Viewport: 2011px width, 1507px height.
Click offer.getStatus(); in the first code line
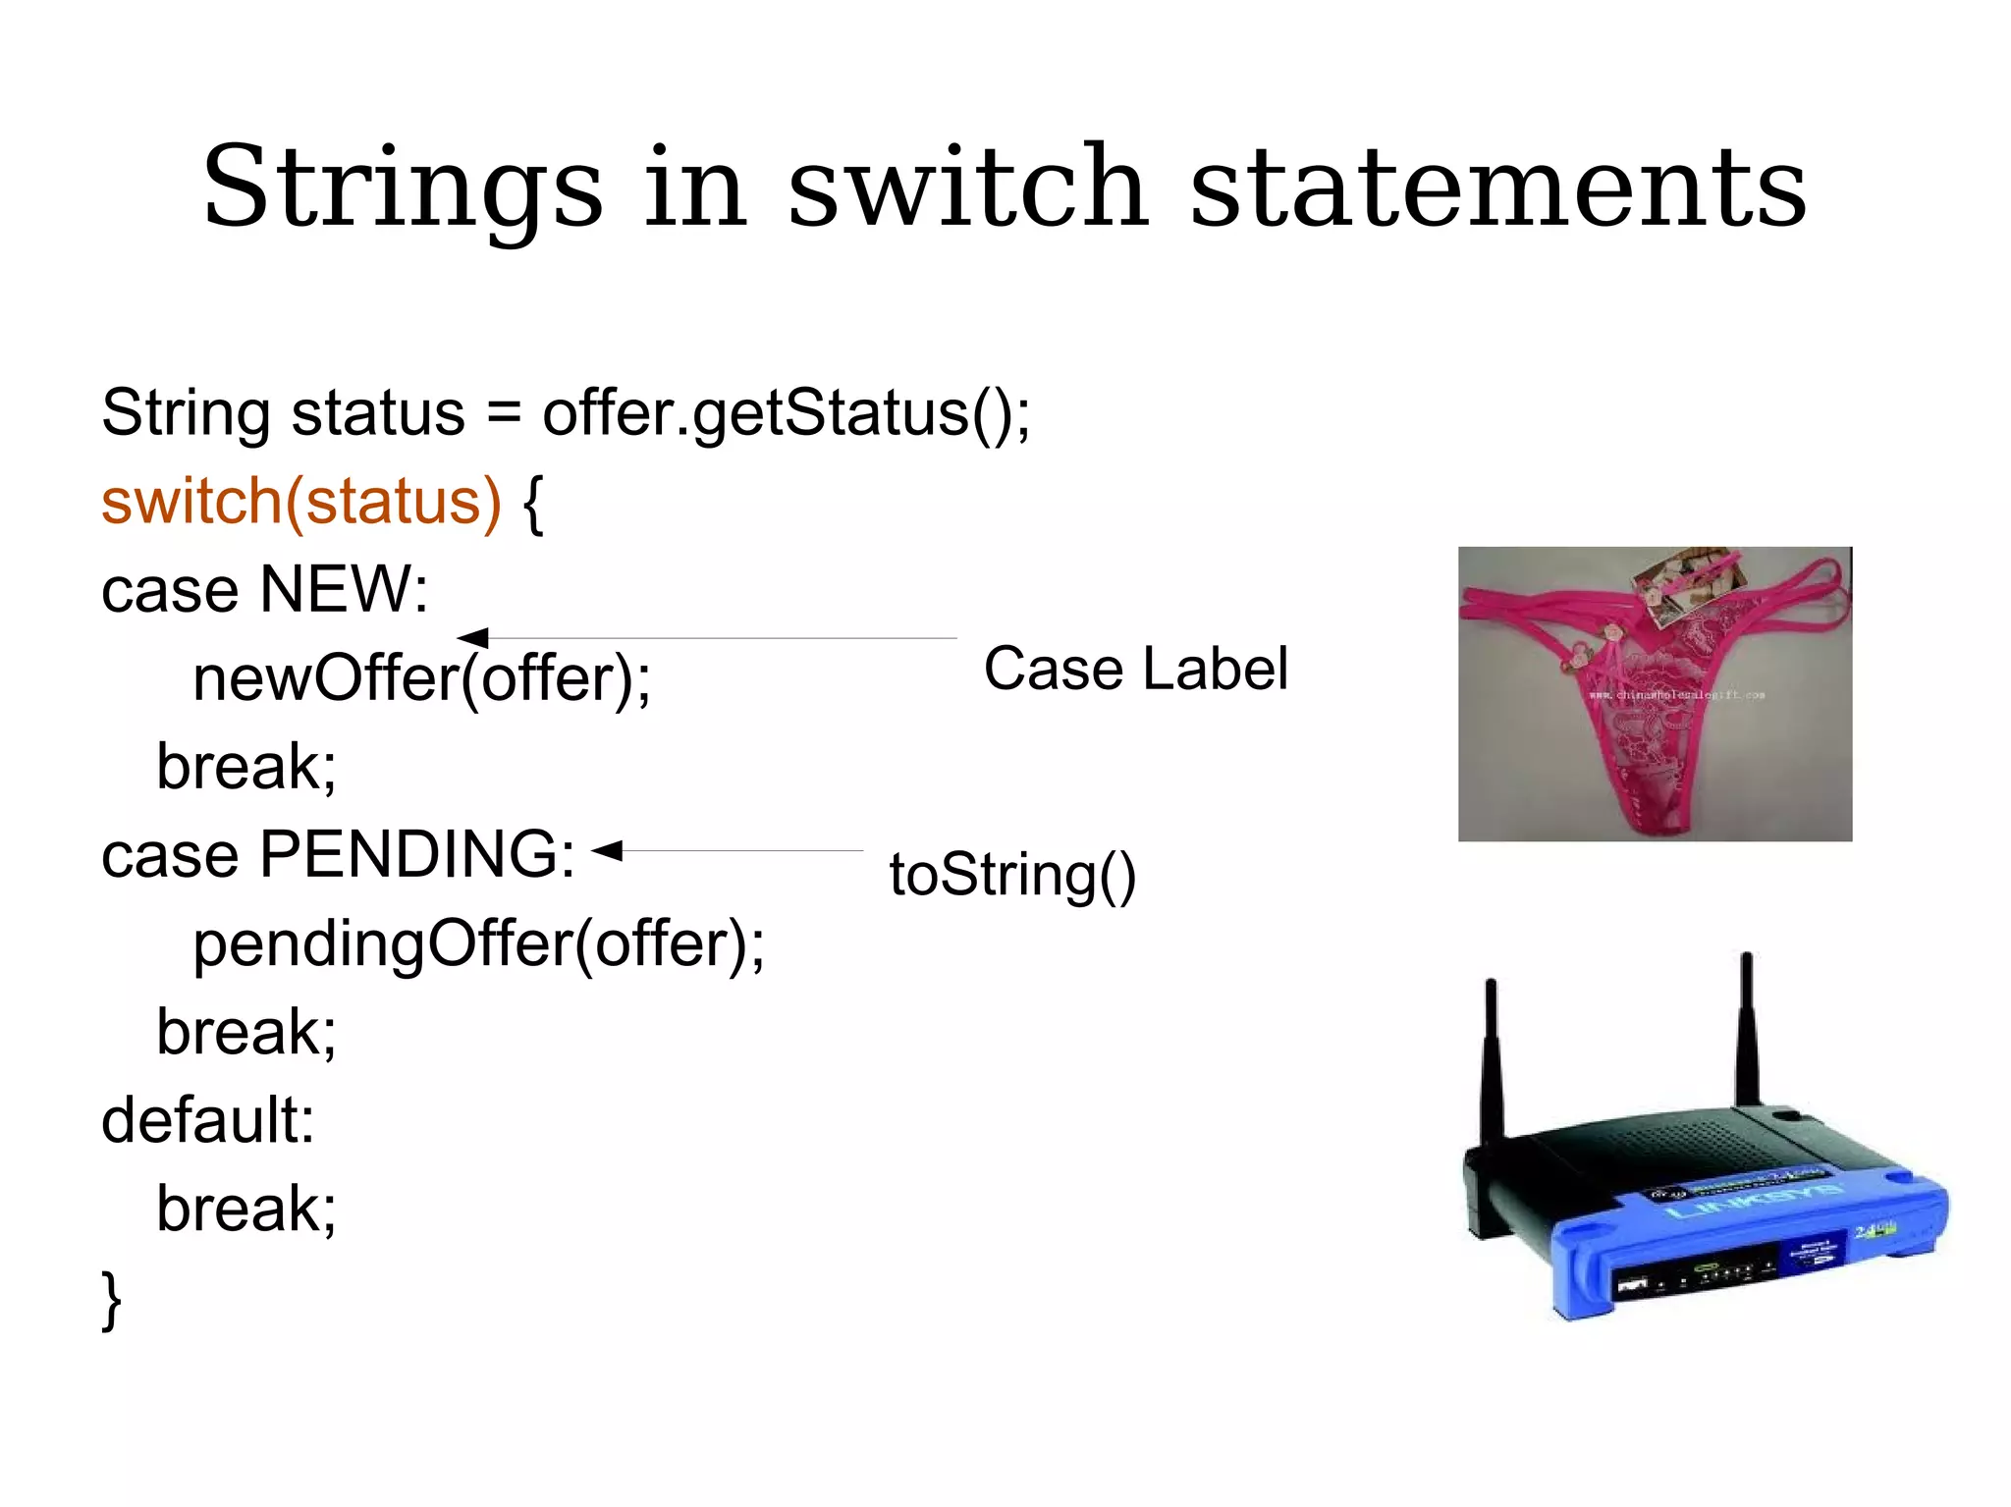[x=786, y=412]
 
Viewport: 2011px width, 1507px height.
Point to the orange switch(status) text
[x=300, y=501]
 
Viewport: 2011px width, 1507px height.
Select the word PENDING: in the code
[x=416, y=854]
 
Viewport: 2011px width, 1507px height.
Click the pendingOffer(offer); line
[x=478, y=943]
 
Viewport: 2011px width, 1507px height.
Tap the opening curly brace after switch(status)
[x=532, y=503]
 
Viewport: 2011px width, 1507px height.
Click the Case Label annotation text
[x=1135, y=669]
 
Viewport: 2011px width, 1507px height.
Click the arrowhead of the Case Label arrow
[x=473, y=638]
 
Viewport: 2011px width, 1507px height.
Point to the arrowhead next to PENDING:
[x=607, y=850]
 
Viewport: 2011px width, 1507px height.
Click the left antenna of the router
[x=1492, y=1060]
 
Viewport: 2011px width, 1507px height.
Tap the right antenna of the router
[x=1747, y=1031]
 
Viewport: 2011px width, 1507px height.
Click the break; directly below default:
[x=245, y=1209]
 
